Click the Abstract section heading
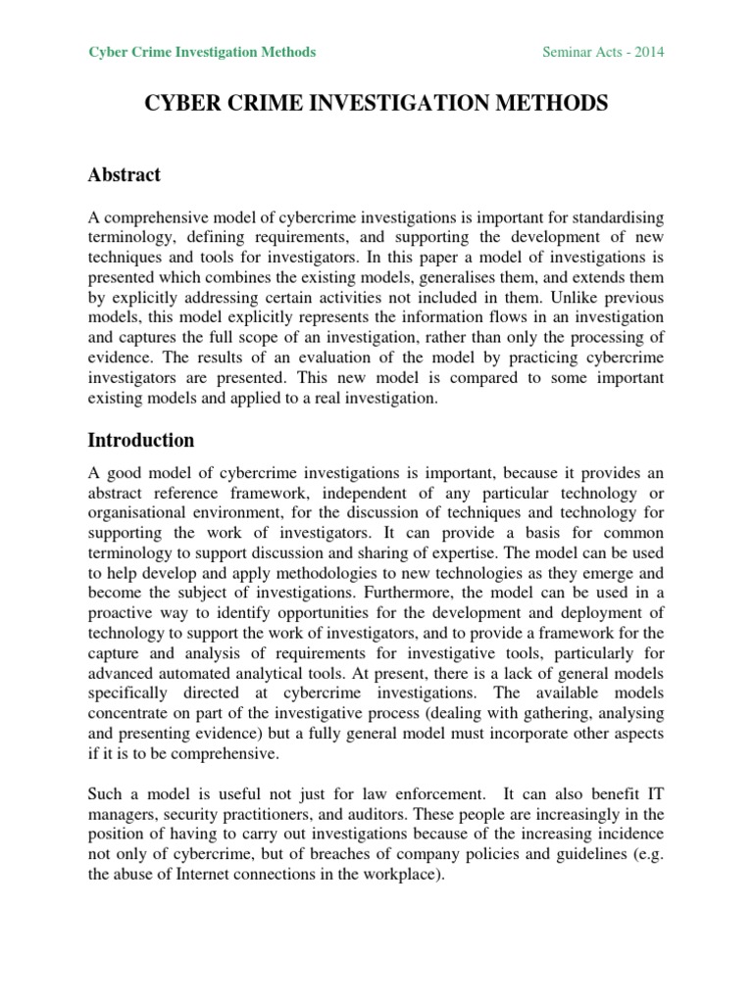(x=125, y=175)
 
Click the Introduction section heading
(x=141, y=440)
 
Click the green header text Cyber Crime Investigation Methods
(x=203, y=52)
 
